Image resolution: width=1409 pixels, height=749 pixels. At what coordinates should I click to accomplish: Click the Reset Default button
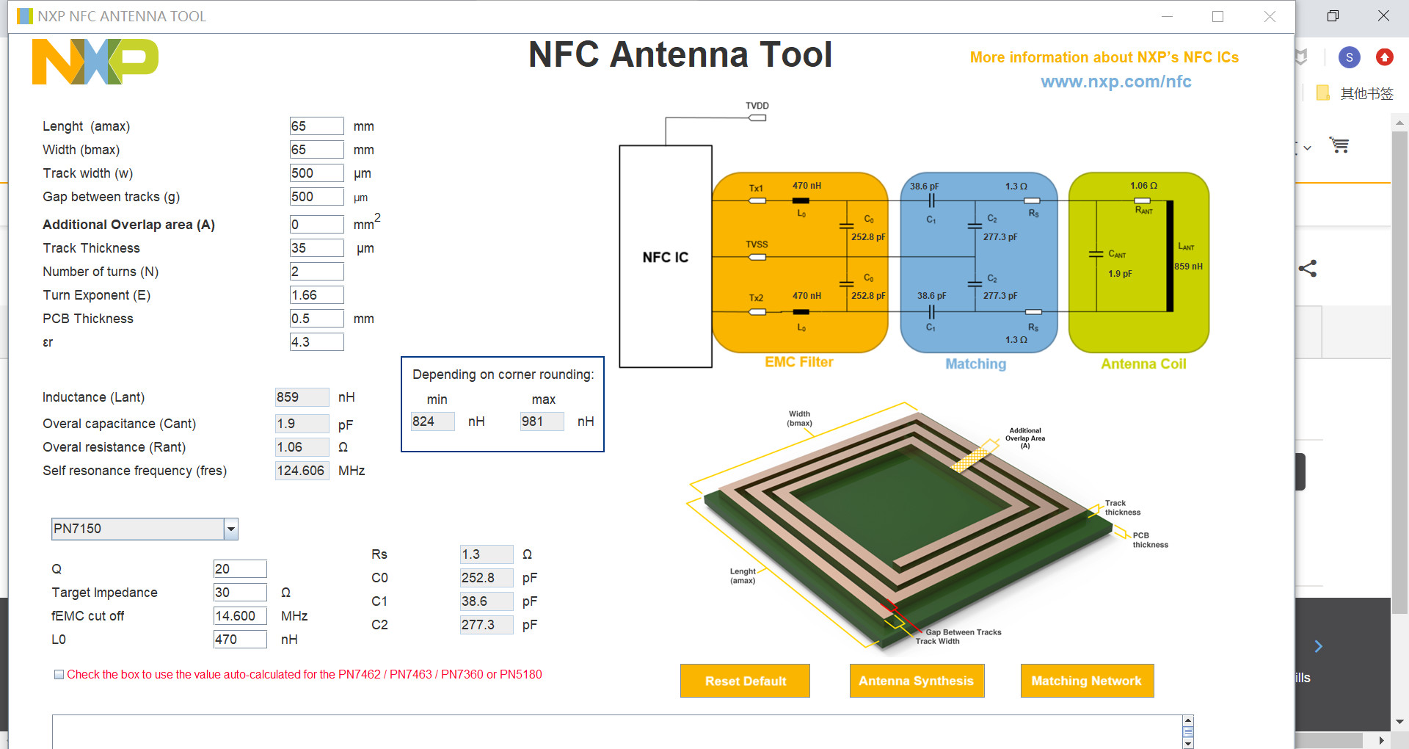pyautogui.click(x=745, y=681)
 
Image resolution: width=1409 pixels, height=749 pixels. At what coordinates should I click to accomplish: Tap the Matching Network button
pyautogui.click(x=1086, y=681)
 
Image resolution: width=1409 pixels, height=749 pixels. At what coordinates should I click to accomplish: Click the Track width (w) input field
pyautogui.click(x=316, y=173)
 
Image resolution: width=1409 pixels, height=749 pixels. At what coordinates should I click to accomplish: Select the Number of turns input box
pyautogui.click(x=316, y=272)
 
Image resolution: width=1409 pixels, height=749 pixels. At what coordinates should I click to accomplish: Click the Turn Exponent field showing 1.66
pyautogui.click(x=316, y=295)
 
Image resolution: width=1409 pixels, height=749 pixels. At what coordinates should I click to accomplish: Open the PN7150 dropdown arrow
pyautogui.click(x=231, y=529)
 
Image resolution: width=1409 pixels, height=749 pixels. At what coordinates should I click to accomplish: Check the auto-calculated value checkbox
pyautogui.click(x=59, y=675)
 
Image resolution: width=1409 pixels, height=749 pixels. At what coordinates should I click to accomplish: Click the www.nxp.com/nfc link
pyautogui.click(x=1115, y=82)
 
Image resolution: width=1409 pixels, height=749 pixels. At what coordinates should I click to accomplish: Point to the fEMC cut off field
pyautogui.click(x=240, y=616)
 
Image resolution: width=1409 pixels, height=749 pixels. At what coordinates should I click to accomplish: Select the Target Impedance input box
pyautogui.click(x=240, y=593)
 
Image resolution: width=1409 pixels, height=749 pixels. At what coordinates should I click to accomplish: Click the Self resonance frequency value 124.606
pyautogui.click(x=302, y=471)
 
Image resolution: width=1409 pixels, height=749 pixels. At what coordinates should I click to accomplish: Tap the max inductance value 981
pyautogui.click(x=542, y=421)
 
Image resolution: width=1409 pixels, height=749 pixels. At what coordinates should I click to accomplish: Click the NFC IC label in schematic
pyautogui.click(x=665, y=257)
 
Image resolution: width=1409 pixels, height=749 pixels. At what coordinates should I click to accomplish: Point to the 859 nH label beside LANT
pyautogui.click(x=1188, y=267)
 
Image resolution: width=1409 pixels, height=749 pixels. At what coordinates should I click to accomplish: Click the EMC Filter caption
pyautogui.click(x=798, y=362)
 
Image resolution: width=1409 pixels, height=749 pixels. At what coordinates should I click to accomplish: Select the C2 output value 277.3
pyautogui.click(x=486, y=625)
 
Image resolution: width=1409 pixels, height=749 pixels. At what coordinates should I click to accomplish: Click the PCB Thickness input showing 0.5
pyautogui.click(x=316, y=319)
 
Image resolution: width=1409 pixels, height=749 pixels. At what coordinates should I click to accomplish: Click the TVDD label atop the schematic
pyautogui.click(x=757, y=106)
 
